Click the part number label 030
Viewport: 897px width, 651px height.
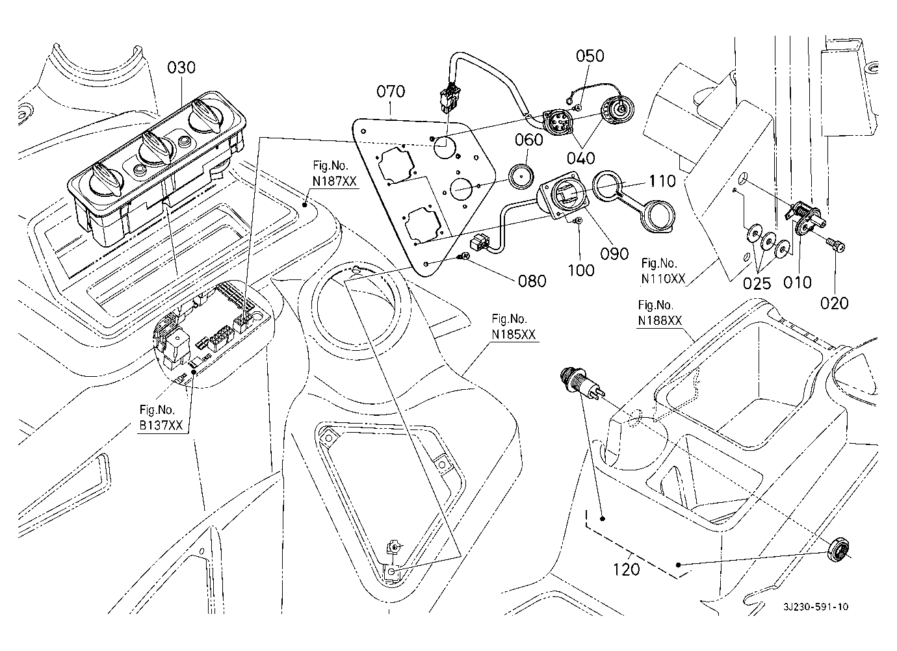[x=181, y=68]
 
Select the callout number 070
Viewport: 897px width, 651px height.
[x=391, y=91]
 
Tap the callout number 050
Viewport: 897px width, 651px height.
[x=590, y=56]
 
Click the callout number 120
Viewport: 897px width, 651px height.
[x=627, y=569]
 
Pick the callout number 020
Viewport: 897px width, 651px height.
[x=835, y=302]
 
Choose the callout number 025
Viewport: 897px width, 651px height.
[x=757, y=283]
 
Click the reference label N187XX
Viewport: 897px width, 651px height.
[x=334, y=182]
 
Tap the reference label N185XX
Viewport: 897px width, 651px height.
[x=513, y=335]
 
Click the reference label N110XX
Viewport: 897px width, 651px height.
[x=663, y=279]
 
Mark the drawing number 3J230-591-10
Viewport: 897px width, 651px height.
[x=815, y=607]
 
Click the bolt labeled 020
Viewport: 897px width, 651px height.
[x=833, y=248]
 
